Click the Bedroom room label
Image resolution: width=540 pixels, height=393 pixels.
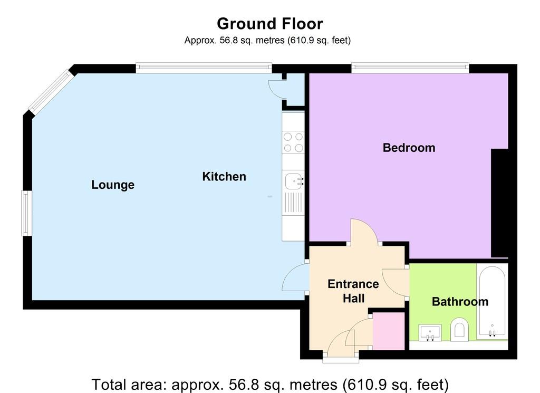(x=409, y=148)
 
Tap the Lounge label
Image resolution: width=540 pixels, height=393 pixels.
(x=113, y=185)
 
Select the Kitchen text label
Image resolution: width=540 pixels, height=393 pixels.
(x=224, y=176)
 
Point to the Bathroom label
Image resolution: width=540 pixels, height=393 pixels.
(x=460, y=302)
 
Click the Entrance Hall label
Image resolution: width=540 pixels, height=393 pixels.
(x=353, y=291)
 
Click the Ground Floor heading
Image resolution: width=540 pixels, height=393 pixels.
(x=270, y=24)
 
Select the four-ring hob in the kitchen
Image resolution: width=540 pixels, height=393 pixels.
(x=293, y=142)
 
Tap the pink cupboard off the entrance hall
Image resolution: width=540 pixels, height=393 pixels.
(x=389, y=331)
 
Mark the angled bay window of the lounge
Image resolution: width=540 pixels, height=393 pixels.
(x=52, y=92)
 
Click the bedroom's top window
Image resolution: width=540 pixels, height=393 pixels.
(x=410, y=68)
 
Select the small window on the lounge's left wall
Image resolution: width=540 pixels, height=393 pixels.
(x=27, y=213)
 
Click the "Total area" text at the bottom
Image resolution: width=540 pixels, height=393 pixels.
(x=270, y=385)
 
